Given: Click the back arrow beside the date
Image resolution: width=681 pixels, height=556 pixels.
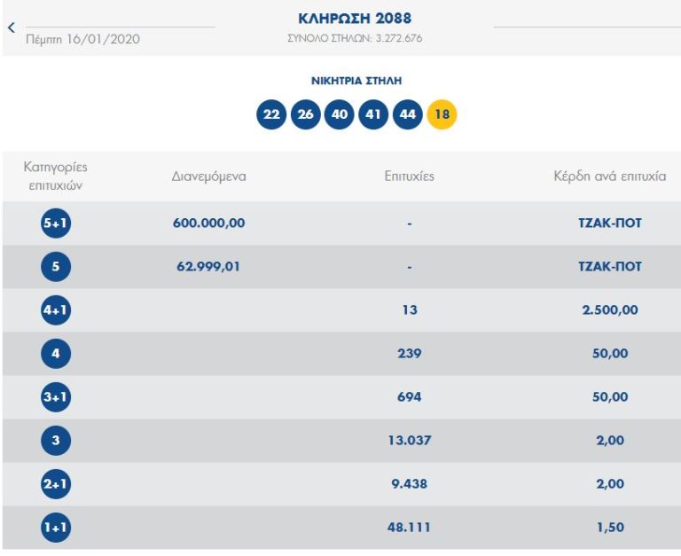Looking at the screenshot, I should click(12, 27).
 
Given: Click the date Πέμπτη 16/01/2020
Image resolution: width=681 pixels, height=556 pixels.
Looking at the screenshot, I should click(83, 39).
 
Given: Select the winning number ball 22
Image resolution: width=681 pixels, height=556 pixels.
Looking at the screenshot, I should click(271, 115).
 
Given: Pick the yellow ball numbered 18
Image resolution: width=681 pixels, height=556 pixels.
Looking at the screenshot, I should click(442, 115).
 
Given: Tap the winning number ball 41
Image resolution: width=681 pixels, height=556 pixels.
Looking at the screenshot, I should click(373, 115).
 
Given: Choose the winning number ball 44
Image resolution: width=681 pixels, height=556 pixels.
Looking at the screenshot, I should click(407, 115).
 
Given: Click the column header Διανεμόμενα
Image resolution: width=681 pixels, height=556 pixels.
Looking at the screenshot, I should click(208, 176).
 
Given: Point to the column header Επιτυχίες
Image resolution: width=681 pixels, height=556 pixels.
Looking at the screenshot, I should click(409, 176).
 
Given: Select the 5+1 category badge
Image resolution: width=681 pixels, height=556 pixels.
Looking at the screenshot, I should click(56, 223).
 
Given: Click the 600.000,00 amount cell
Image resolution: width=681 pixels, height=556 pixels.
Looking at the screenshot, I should click(208, 223).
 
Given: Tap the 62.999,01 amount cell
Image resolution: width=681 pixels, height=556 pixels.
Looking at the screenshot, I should click(208, 267).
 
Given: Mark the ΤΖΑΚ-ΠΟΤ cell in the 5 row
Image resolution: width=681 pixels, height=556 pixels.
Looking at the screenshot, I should click(609, 267).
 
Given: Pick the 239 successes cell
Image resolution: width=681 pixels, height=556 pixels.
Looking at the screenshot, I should click(409, 354).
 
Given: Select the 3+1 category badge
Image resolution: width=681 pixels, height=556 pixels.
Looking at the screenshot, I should click(56, 397).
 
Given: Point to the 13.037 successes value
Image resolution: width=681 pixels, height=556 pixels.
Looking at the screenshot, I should click(409, 441).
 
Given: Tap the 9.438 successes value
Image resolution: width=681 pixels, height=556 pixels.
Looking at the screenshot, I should click(409, 484).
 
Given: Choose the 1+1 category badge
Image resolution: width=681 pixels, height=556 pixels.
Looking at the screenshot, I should click(56, 528).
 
